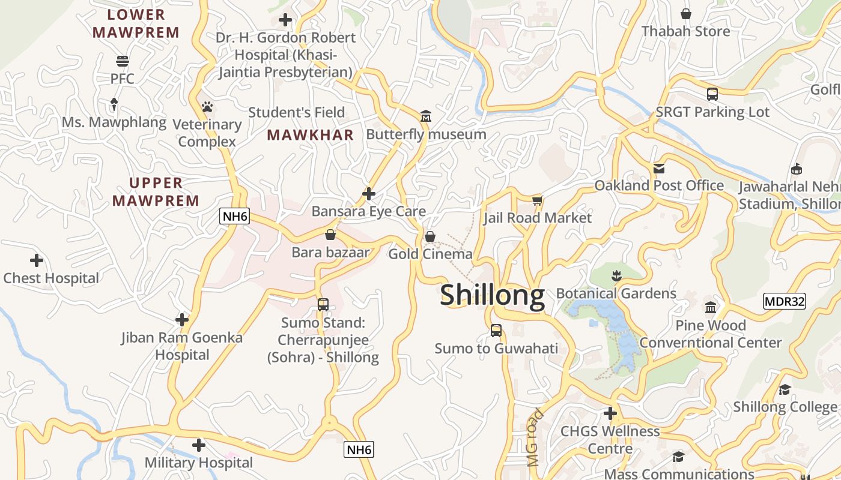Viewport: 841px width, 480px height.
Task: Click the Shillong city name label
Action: point(492,295)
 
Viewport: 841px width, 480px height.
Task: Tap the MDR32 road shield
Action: point(784,301)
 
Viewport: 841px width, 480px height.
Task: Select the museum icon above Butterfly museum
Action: point(426,116)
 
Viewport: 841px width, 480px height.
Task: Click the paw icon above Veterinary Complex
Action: point(207,107)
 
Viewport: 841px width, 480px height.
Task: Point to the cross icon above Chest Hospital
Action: point(37,260)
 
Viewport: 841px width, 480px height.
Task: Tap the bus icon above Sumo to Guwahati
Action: point(496,331)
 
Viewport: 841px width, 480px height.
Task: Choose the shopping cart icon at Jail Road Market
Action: point(537,200)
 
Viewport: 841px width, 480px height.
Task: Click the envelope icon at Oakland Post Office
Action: point(659,168)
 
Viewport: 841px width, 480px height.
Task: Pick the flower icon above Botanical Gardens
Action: point(616,276)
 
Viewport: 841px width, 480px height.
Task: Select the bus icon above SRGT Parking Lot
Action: point(712,94)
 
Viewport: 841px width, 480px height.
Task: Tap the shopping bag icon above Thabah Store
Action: point(686,13)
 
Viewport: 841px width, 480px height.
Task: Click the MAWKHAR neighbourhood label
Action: point(311,135)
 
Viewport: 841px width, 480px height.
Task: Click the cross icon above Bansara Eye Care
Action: point(369,194)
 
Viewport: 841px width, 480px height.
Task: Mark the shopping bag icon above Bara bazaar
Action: point(330,235)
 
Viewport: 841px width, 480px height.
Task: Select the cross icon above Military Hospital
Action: point(199,445)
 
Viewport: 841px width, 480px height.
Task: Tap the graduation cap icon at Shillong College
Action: point(785,389)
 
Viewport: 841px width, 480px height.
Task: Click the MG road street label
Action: point(534,438)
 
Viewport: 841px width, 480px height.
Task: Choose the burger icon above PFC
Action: point(123,61)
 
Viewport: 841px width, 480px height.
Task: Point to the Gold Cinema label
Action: point(430,254)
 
